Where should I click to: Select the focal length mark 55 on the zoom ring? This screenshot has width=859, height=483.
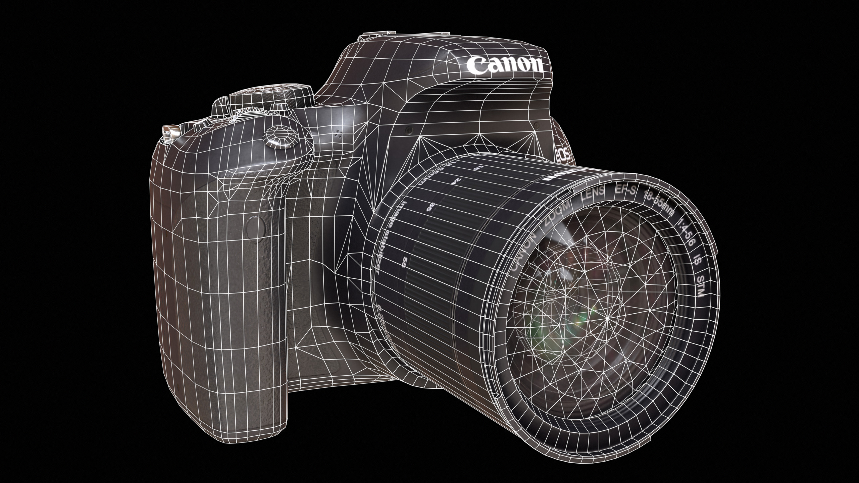(x=405, y=261)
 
